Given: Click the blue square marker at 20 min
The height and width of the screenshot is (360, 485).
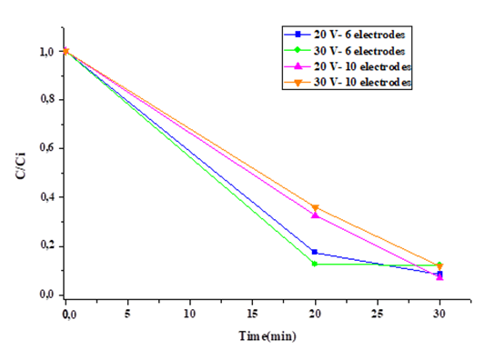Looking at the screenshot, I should tap(315, 253).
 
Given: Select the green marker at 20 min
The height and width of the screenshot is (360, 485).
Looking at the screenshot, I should tap(315, 263).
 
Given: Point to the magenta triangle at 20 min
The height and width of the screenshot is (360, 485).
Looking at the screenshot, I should tap(315, 215).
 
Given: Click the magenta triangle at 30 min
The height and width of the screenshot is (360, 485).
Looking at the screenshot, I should tap(440, 277).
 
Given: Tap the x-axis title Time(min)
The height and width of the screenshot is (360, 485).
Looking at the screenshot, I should tap(268, 335).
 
